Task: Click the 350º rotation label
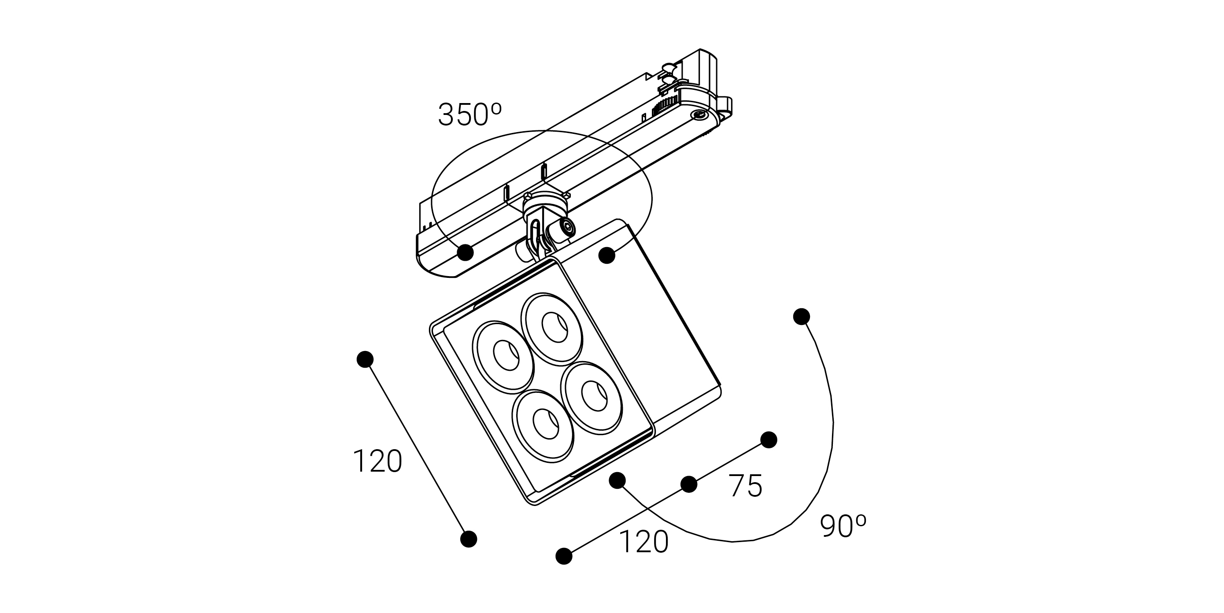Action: tap(470, 114)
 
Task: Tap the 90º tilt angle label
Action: tap(843, 526)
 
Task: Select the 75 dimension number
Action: tap(746, 486)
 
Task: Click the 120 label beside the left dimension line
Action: tap(377, 461)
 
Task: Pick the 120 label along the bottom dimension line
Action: tap(644, 542)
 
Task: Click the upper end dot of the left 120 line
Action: tap(365, 359)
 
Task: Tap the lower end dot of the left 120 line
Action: tap(469, 539)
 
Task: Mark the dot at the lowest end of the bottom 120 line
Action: tap(564, 556)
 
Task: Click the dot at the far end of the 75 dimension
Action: tap(769, 439)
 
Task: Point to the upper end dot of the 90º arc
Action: tap(802, 317)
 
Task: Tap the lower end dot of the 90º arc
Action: tap(617, 480)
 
